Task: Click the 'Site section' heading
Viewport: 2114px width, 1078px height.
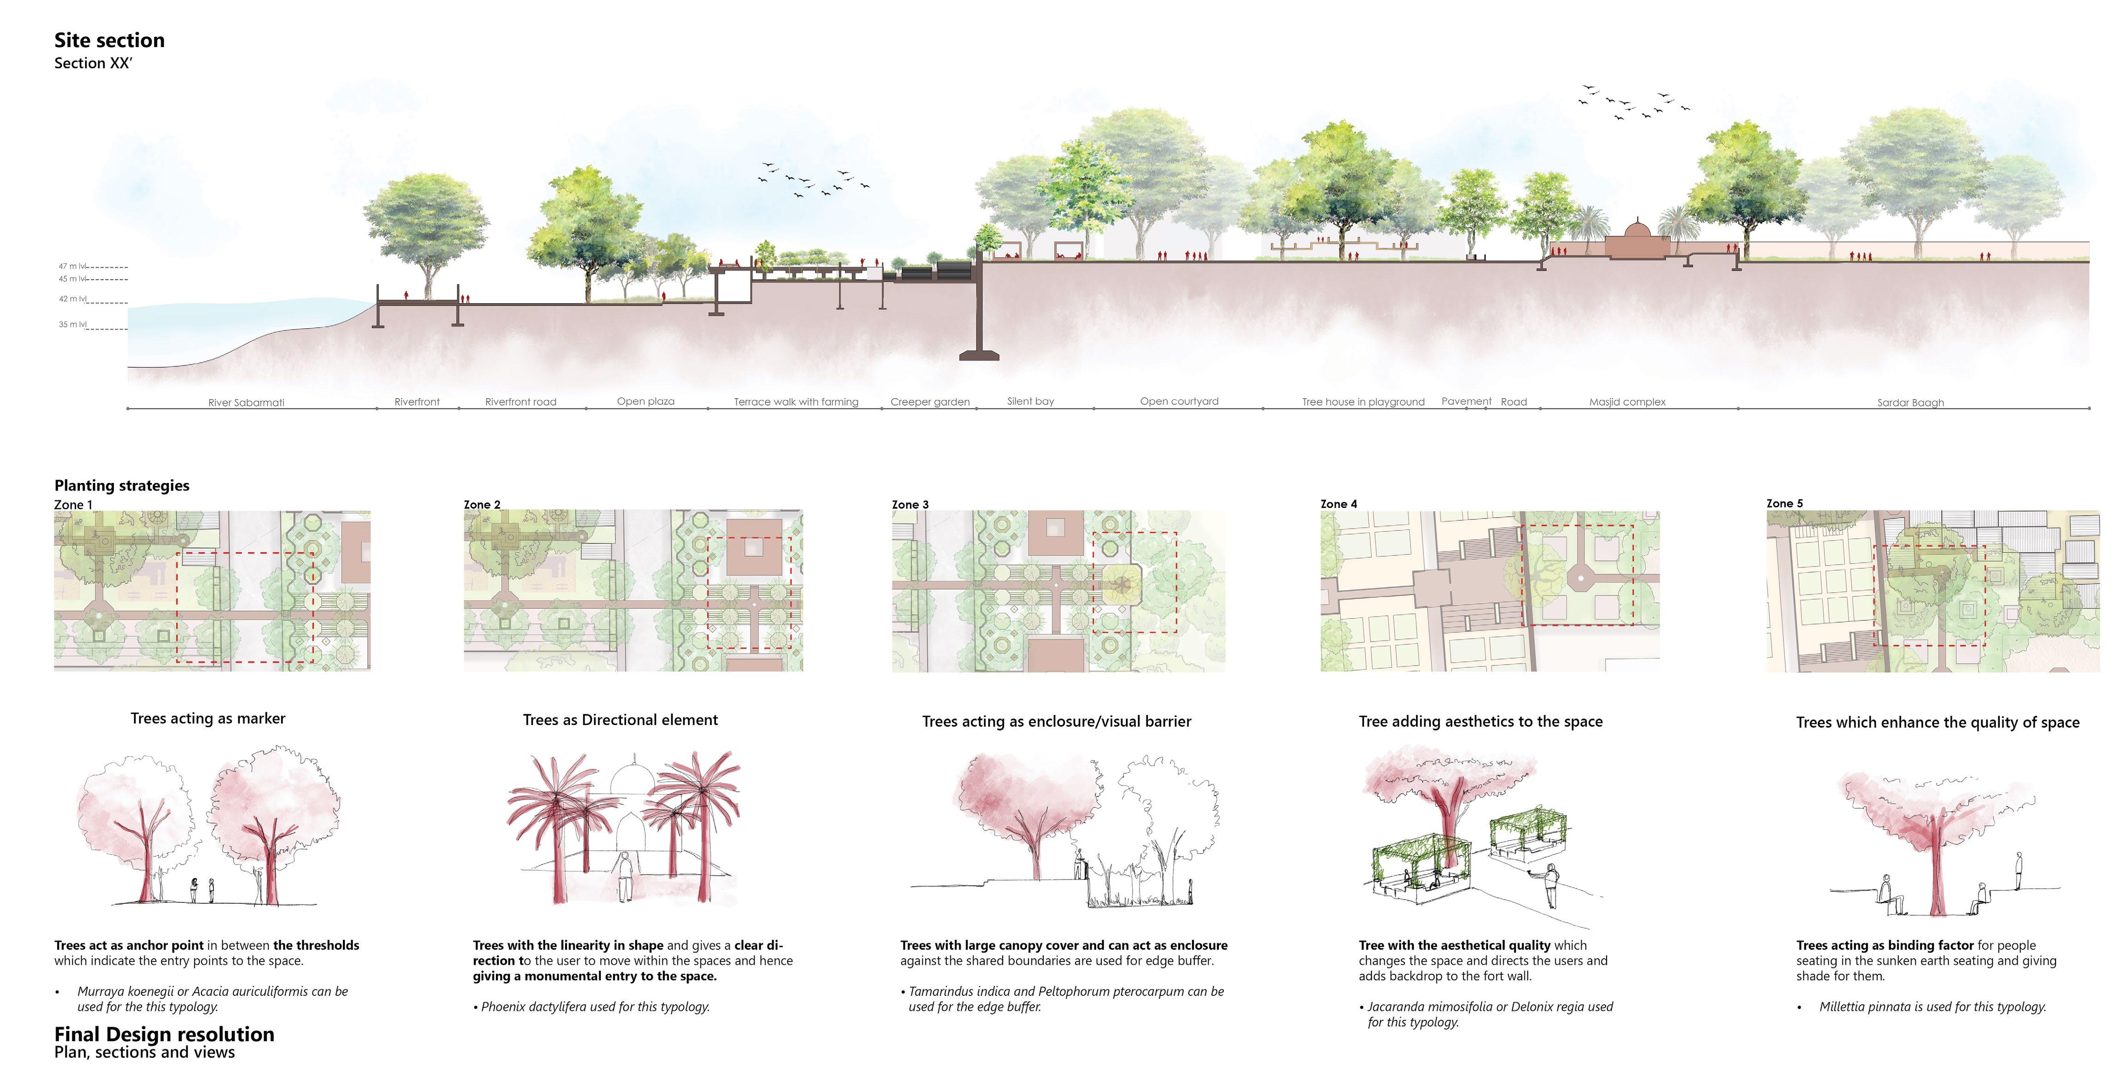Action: (x=109, y=40)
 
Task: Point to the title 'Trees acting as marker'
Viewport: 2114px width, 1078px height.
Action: (x=207, y=719)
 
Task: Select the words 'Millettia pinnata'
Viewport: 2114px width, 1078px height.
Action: (x=1865, y=1007)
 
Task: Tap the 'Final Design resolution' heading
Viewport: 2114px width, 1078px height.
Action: (x=164, y=1034)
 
